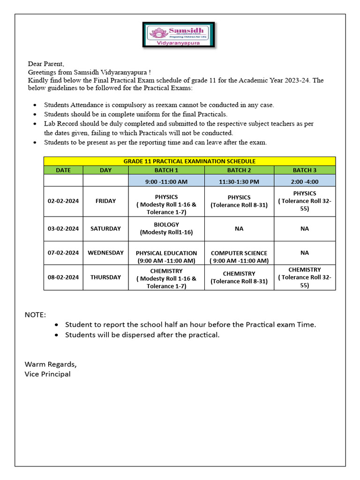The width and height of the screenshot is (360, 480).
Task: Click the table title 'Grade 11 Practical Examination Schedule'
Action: click(x=189, y=161)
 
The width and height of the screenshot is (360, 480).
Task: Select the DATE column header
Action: click(x=63, y=170)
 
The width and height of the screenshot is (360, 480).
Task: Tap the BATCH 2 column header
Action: click(x=239, y=170)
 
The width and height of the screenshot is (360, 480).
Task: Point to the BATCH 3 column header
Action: click(x=305, y=170)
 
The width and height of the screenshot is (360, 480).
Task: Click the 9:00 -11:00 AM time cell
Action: click(x=166, y=181)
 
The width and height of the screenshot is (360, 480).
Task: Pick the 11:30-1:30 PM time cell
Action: click(x=239, y=181)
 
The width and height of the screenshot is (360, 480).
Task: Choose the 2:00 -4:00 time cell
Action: click(x=305, y=181)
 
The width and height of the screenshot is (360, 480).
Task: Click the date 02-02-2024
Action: click(x=63, y=201)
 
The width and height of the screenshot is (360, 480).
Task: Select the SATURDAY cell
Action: click(x=105, y=229)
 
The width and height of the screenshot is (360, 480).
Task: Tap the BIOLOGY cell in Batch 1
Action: click(x=166, y=229)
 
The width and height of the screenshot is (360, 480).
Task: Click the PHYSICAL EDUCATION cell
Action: click(x=166, y=256)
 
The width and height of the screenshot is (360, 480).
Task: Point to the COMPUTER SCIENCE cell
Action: click(x=239, y=256)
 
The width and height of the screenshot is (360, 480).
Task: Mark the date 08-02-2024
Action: click(x=63, y=277)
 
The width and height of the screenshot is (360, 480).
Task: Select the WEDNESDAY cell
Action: click(x=105, y=253)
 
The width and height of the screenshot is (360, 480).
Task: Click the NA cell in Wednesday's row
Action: click(x=305, y=253)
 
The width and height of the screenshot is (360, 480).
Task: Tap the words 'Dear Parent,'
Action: click(x=46, y=64)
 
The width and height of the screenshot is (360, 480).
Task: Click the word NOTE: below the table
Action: click(x=35, y=315)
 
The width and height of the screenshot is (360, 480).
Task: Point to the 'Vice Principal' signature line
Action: click(x=47, y=374)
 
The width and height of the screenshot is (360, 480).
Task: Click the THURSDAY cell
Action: click(x=105, y=277)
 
